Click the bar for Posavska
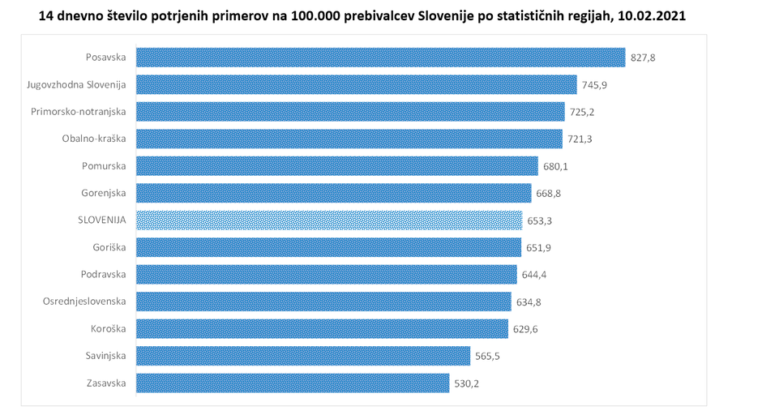[380, 58]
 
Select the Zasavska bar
[292, 383]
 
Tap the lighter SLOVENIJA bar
[328, 220]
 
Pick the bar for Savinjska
[302, 356]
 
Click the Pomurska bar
[336, 166]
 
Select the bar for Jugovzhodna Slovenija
[356, 84]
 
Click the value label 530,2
[467, 383]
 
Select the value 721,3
[580, 139]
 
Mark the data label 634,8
[529, 302]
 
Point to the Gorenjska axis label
[104, 193]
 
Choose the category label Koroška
[108, 329]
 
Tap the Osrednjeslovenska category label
[84, 302]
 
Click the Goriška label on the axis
[109, 247]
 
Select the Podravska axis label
[104, 275]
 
